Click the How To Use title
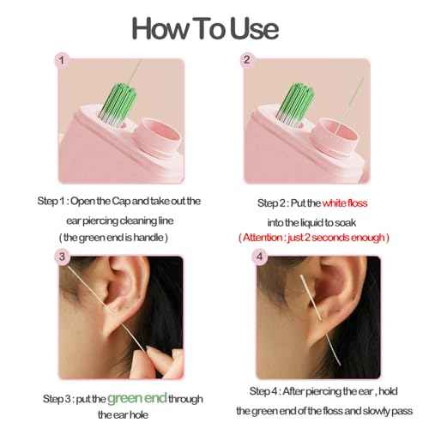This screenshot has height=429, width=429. click(x=205, y=27)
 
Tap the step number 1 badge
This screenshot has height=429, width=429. click(x=62, y=60)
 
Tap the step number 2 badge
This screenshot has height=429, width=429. click(x=247, y=60)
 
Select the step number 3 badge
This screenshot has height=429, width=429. click(x=62, y=257)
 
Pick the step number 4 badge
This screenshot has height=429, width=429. click(x=247, y=257)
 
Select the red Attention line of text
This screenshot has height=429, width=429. click(x=316, y=236)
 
